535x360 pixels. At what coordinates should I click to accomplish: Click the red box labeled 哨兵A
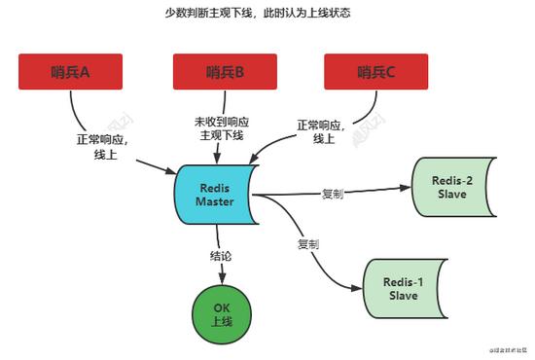coord(70,71)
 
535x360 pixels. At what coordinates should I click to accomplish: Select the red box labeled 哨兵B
coord(225,71)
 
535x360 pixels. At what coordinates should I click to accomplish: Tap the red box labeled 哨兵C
coord(377,71)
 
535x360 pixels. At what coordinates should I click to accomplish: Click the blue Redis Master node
coord(215,194)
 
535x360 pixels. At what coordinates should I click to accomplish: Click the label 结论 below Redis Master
coord(222,257)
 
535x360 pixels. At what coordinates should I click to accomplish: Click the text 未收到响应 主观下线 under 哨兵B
coord(222,127)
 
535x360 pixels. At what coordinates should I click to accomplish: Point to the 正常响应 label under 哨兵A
coord(100,139)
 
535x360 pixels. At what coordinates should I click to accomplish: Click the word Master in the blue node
coord(215,201)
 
